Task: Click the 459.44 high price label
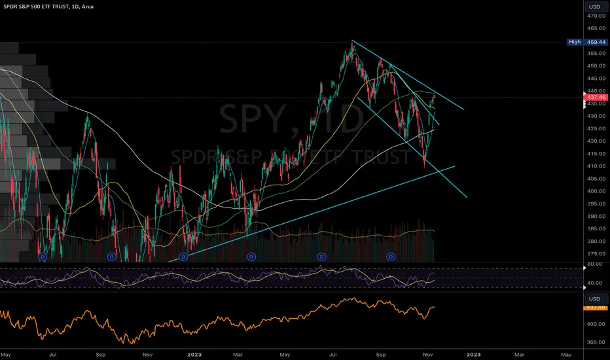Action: (x=596, y=42)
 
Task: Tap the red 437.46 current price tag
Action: (x=595, y=97)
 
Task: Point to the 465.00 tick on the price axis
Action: (x=595, y=29)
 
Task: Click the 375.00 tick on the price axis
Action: (x=595, y=253)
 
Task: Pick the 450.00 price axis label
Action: (x=595, y=66)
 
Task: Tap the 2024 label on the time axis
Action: (x=472, y=354)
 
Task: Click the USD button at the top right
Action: (x=595, y=7)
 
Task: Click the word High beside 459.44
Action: (x=573, y=42)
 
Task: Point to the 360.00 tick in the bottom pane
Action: (x=595, y=342)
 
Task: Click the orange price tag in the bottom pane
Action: (x=595, y=306)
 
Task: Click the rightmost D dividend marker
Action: (x=391, y=257)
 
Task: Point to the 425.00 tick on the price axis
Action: (x=595, y=128)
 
